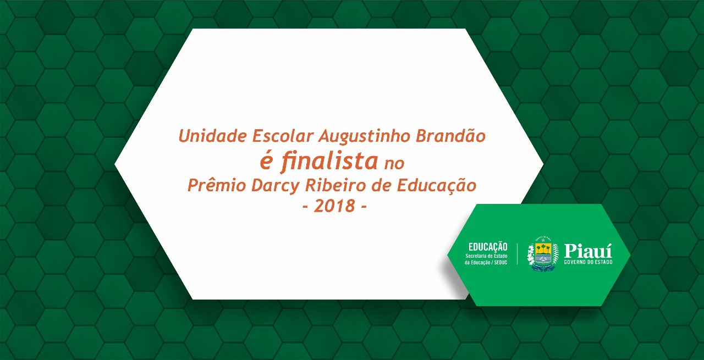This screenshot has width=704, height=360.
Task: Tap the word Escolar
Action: tap(283, 136)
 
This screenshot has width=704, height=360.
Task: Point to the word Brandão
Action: tap(450, 135)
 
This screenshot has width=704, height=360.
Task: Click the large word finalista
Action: tap(329, 161)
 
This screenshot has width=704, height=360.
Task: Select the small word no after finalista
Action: tap(394, 164)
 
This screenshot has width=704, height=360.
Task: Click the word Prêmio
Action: tap(217, 185)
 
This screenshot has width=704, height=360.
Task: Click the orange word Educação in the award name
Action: tap(437, 185)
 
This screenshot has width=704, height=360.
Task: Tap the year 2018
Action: tap(334, 206)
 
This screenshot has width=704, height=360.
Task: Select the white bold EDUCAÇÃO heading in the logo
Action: tap(488, 247)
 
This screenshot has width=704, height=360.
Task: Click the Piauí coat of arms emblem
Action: tap(543, 254)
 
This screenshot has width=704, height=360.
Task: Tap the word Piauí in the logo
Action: tap(588, 251)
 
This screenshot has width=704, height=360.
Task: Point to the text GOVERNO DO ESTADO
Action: tap(588, 262)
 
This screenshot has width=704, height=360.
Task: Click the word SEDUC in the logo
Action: tap(501, 263)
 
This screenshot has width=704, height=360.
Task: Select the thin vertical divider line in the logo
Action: tap(518, 254)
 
